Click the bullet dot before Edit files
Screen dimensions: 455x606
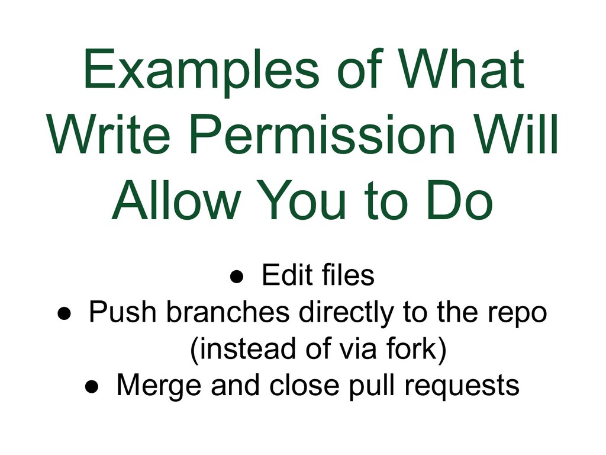coord(236,277)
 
